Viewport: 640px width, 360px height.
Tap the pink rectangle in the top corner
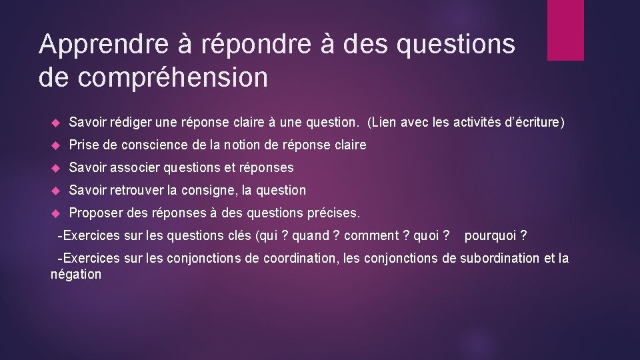coord(565,30)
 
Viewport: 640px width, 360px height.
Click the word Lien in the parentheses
coord(385,123)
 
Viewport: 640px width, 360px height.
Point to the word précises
coord(333,213)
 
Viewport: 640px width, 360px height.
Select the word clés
coord(242,235)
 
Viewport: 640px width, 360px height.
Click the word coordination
coord(301,258)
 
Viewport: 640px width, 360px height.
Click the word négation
coord(76,274)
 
